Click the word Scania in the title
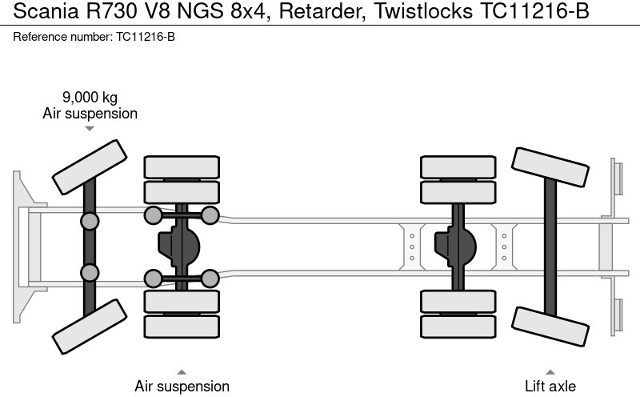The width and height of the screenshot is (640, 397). click(36, 15)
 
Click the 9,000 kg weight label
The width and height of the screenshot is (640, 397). click(90, 98)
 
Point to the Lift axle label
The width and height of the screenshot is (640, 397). click(550, 387)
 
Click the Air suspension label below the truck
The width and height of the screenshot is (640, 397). click(182, 387)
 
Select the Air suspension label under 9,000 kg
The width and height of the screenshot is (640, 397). click(90, 114)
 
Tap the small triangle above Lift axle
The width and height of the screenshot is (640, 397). click(550, 371)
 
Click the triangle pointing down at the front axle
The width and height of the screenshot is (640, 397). click(90, 128)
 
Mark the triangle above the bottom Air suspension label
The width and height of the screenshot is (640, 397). click(182, 371)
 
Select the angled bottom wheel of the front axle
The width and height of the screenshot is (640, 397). click(90, 326)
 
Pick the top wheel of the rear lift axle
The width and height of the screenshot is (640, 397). click(550, 167)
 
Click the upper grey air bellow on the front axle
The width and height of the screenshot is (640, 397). click(90, 221)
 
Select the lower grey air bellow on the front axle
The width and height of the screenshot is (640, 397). click(90, 272)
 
